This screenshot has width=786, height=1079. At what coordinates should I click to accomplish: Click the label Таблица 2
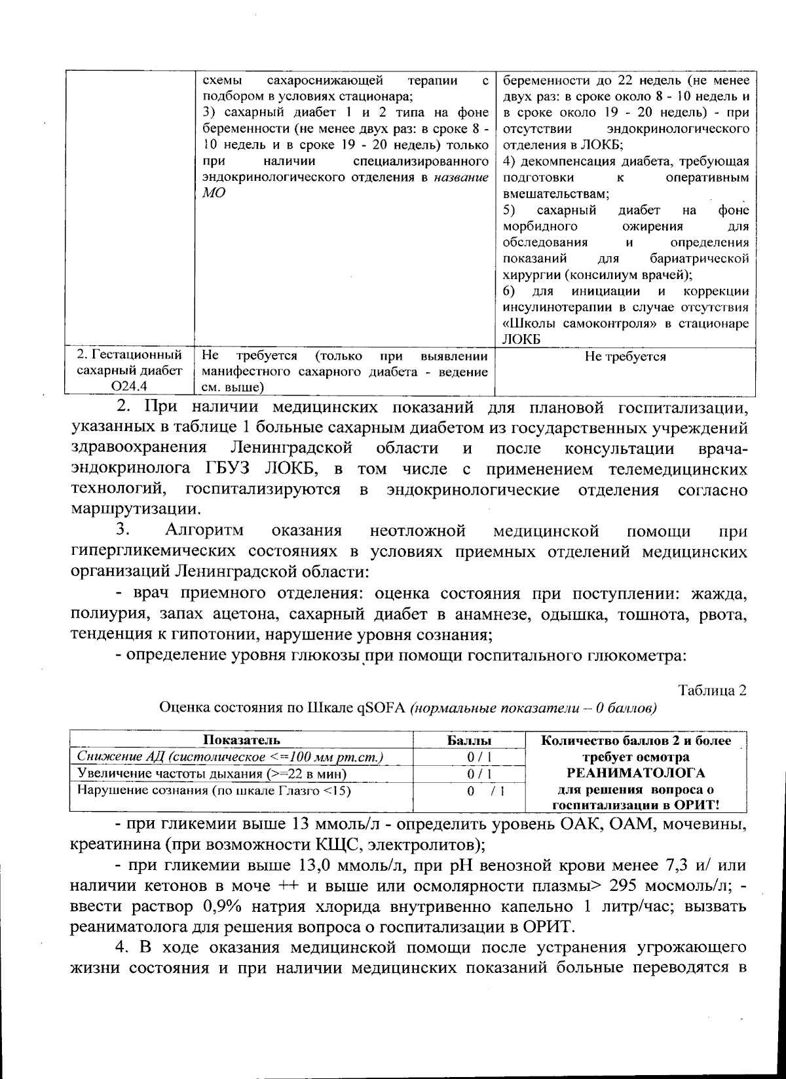[x=713, y=691]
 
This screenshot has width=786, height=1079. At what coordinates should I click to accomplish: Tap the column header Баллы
[x=469, y=740]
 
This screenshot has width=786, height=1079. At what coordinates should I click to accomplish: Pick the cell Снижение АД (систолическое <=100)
[x=230, y=757]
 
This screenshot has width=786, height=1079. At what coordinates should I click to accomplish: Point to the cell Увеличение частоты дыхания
[x=212, y=773]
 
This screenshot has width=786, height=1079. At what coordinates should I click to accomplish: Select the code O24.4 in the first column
[x=129, y=387]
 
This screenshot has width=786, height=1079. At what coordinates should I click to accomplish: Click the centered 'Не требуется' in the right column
[x=625, y=356]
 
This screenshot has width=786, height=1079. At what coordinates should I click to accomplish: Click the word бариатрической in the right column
[x=700, y=258]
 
